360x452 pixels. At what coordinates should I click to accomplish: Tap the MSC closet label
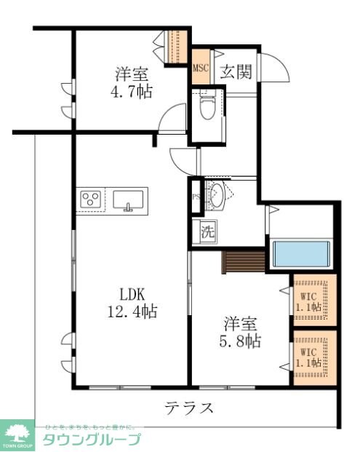click(201, 69)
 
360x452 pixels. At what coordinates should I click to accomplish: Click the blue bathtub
click(301, 253)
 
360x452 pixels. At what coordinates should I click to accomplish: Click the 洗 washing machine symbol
click(207, 234)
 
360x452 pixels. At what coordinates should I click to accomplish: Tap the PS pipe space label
click(195, 197)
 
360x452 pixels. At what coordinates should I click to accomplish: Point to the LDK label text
click(133, 295)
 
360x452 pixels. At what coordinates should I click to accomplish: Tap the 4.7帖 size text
click(132, 92)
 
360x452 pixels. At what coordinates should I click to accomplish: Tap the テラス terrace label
click(188, 408)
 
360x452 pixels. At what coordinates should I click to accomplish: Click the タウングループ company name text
click(91, 440)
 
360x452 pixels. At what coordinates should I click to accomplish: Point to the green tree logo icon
click(17, 432)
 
